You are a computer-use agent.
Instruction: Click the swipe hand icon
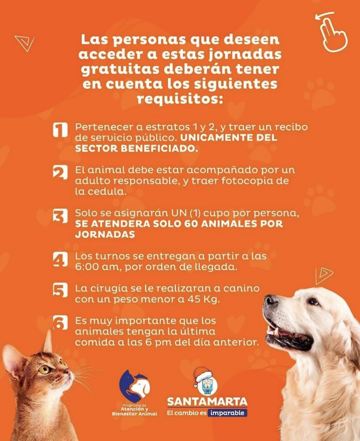click(332, 32)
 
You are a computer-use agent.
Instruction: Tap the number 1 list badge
click(60, 130)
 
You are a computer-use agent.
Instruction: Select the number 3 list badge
click(60, 216)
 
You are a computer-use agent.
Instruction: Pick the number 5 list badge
click(60, 290)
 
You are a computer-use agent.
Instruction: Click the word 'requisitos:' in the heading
click(180, 99)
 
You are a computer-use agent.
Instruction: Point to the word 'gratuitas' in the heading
click(120, 69)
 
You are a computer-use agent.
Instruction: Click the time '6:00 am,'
click(98, 267)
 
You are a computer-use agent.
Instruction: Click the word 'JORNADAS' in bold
click(105, 234)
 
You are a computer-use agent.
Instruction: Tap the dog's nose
click(271, 300)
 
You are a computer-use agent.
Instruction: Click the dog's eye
click(313, 301)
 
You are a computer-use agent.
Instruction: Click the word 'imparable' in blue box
click(227, 413)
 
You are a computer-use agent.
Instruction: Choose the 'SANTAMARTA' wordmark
click(207, 401)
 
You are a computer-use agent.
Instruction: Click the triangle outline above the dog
click(323, 275)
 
